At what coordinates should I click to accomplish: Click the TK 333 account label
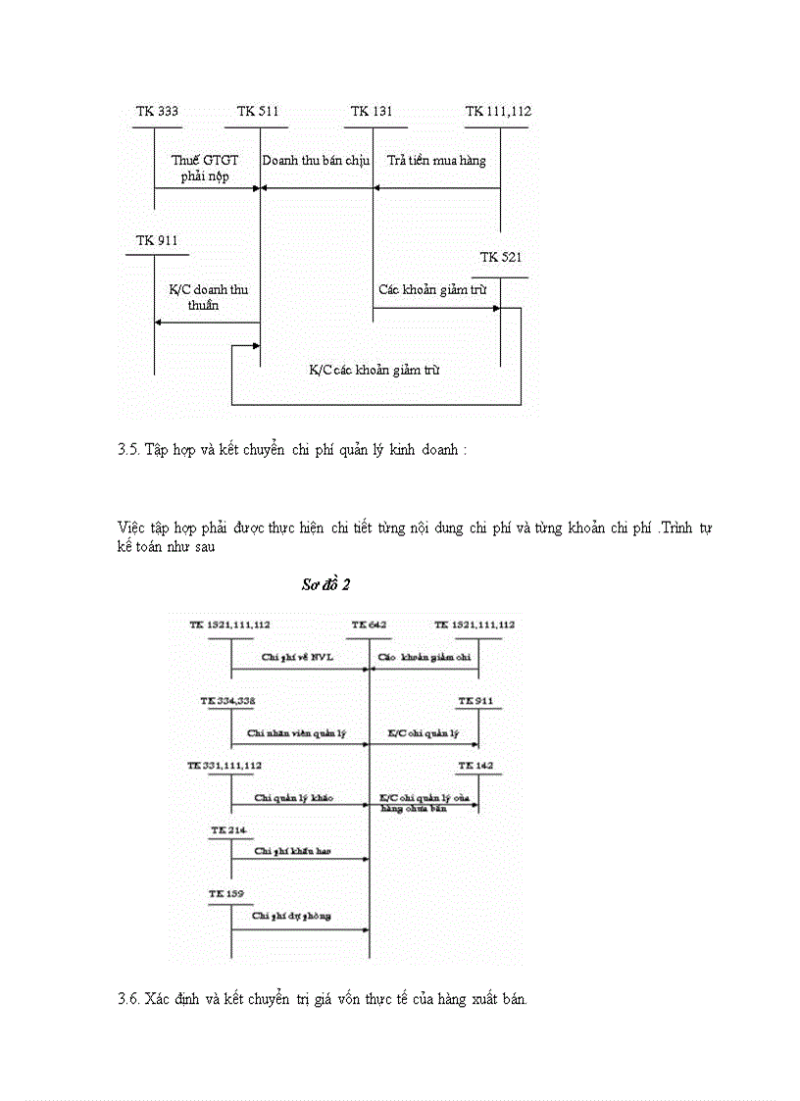[157, 111]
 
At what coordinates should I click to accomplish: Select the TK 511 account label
[258, 111]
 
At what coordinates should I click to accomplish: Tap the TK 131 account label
[372, 111]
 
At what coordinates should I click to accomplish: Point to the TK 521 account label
[501, 257]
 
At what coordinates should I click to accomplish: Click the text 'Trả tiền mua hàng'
[436, 160]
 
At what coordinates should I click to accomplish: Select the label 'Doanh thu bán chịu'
[316, 160]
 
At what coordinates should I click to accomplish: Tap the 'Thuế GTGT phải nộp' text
[205, 168]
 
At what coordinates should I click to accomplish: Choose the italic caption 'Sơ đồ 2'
[326, 584]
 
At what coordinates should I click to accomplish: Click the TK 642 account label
[369, 625]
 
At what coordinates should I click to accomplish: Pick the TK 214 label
[227, 829]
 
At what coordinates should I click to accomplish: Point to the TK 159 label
[226, 893]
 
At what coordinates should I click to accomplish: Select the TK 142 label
[477, 764]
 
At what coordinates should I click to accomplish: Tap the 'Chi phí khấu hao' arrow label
[292, 851]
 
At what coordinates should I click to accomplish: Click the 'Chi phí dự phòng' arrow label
[291, 915]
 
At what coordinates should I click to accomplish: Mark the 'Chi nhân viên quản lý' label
[297, 732]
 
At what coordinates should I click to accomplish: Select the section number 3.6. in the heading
[128, 999]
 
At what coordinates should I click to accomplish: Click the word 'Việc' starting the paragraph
[130, 527]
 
